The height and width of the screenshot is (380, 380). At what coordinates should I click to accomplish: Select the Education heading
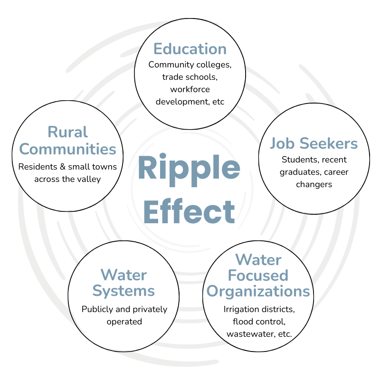click(190, 49)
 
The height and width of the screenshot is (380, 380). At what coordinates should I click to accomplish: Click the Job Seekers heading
click(314, 143)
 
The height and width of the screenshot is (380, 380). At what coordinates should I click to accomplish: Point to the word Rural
click(67, 132)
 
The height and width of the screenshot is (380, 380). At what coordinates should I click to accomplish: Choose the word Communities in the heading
click(67, 149)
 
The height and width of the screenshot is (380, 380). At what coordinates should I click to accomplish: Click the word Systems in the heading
click(124, 290)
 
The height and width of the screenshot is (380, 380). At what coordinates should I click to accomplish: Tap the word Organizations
click(259, 290)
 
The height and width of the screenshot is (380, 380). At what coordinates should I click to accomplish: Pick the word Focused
click(259, 275)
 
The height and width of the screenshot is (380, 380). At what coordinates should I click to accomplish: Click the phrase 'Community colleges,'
click(190, 64)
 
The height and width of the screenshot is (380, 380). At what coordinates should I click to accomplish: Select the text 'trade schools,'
click(190, 76)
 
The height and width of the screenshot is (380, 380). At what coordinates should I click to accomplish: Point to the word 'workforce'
click(190, 89)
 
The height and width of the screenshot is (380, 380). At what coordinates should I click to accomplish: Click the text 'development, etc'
click(190, 101)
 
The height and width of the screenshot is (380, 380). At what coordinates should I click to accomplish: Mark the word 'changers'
click(314, 184)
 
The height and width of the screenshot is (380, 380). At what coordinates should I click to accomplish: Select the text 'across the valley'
click(67, 179)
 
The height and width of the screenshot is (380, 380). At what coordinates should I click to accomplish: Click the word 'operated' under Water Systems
click(124, 322)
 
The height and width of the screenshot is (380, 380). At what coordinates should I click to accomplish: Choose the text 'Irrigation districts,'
click(259, 309)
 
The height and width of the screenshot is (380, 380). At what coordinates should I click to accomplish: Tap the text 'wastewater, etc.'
click(259, 334)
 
